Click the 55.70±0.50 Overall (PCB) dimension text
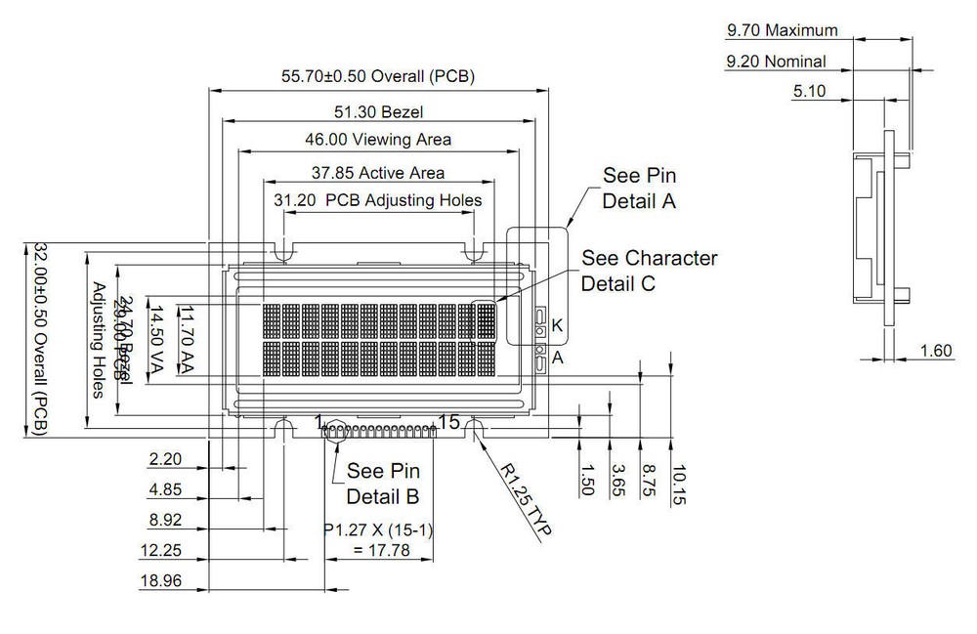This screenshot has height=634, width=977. tap(378, 76)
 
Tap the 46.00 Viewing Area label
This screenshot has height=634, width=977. tap(379, 140)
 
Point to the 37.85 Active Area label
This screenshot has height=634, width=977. tap(378, 173)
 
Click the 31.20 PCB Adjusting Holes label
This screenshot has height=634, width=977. tap(378, 200)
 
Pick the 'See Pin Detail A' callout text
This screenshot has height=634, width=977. tap(639, 190)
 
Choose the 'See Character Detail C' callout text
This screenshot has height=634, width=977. tap(649, 271)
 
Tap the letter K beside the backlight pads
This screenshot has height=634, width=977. tap(558, 324)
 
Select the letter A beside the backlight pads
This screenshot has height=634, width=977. tap(558, 358)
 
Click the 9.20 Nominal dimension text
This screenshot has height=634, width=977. tap(776, 62)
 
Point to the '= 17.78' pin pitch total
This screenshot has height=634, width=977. tap(367, 551)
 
